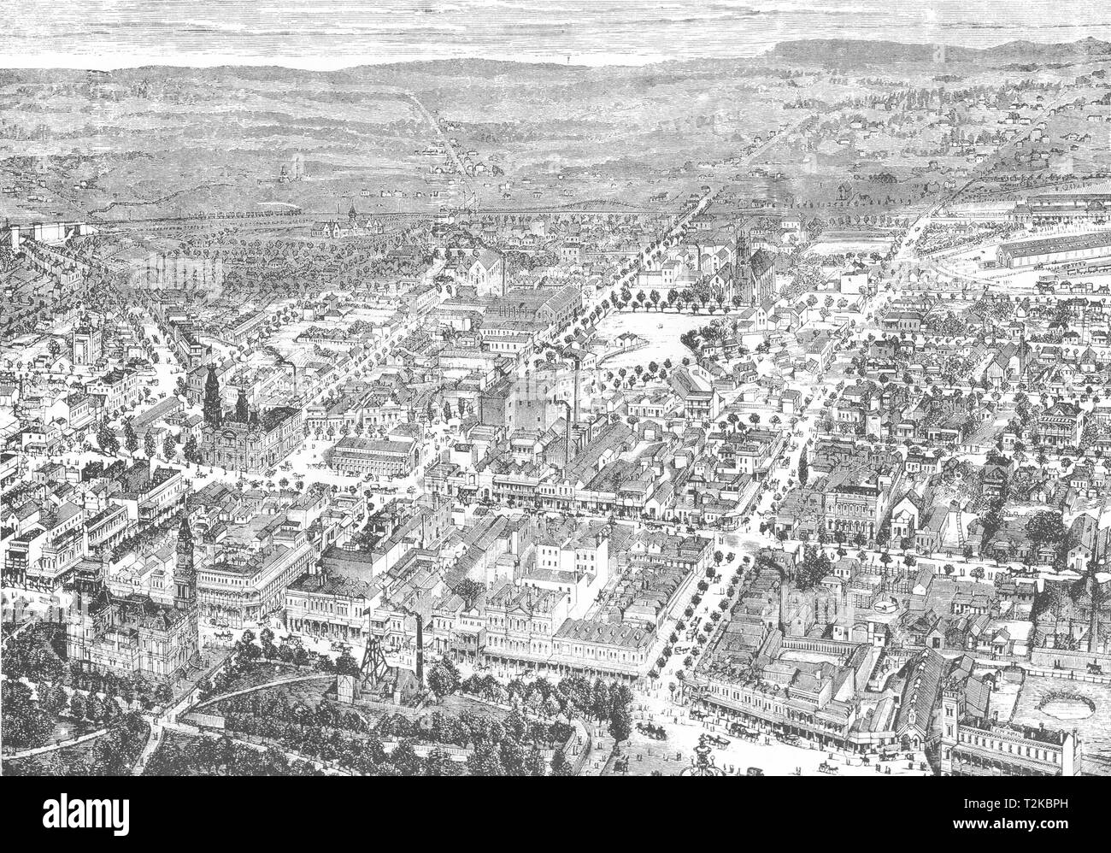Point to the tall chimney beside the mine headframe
[418, 645]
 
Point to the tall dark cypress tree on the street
[803, 462]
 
